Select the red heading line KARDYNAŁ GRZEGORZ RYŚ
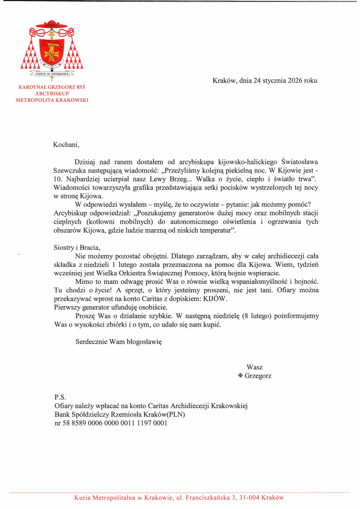(x=52, y=86)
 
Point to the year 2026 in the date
(x=295, y=80)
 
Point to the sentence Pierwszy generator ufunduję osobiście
(x=104, y=307)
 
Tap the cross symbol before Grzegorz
(x=241, y=376)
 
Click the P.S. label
(x=60, y=398)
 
